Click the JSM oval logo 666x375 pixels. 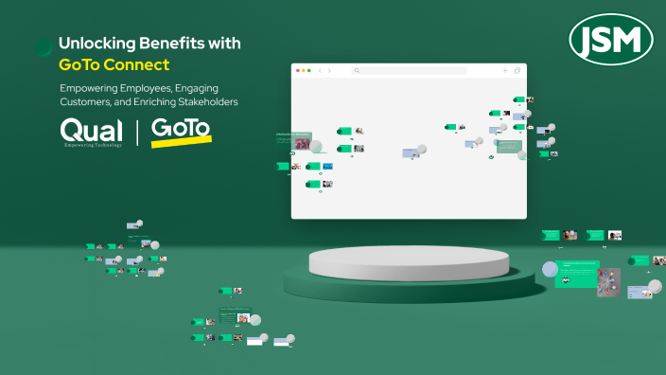(x=612, y=40)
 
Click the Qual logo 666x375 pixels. (x=91, y=132)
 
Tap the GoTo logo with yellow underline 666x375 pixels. (x=181, y=130)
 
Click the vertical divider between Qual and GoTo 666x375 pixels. (x=136, y=133)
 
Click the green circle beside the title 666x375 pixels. (x=44, y=47)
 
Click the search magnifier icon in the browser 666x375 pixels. (x=357, y=71)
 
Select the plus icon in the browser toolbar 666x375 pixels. (x=505, y=71)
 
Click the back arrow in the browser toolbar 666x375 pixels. (x=321, y=71)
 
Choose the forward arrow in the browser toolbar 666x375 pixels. (x=329, y=71)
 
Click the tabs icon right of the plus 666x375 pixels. (x=517, y=71)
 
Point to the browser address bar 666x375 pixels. (x=412, y=71)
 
